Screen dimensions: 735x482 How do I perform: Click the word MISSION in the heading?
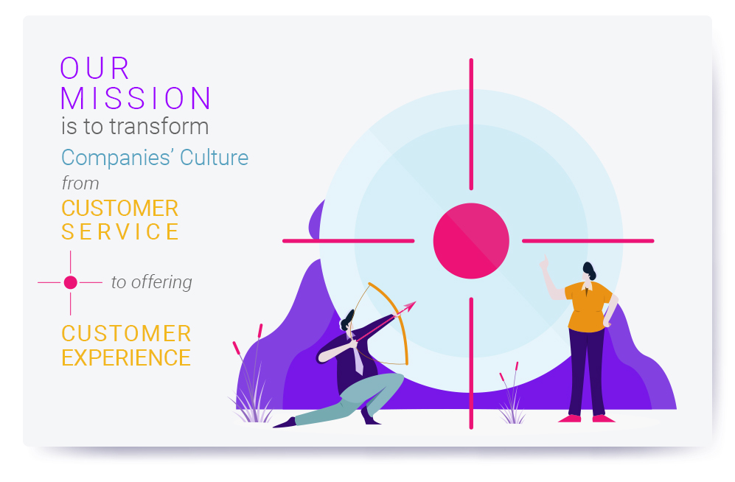pos(136,98)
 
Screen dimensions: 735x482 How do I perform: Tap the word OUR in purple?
pos(94,69)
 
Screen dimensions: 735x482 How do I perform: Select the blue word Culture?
pos(215,158)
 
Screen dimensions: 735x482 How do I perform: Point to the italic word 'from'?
pos(80,184)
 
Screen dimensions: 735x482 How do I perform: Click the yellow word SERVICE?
pos(120,232)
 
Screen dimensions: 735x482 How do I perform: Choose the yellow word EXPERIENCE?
pos(126,358)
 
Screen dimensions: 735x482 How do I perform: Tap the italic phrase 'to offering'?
pos(151,282)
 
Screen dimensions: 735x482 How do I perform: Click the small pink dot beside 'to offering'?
pos(70,282)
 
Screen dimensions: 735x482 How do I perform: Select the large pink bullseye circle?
pos(471,241)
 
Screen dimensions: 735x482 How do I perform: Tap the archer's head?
pos(347,321)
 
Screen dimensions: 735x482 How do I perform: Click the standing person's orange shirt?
pos(588,307)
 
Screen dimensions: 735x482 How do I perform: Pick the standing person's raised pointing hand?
pos(544,262)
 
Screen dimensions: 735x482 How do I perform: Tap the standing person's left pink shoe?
pos(570,419)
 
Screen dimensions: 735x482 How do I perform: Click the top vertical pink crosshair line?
pos(471,124)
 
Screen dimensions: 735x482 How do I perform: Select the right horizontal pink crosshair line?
pos(588,241)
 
